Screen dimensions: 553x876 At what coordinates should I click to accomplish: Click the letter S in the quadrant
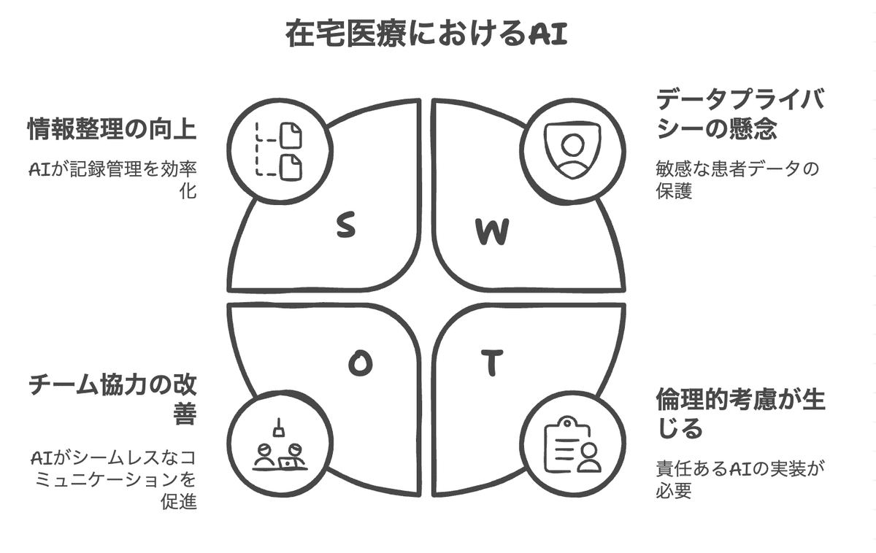point(346,226)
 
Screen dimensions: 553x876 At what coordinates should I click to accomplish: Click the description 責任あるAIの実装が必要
point(741,479)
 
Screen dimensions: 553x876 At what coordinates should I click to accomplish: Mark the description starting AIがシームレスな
point(113,479)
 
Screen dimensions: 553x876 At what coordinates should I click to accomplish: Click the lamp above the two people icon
point(277,424)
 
